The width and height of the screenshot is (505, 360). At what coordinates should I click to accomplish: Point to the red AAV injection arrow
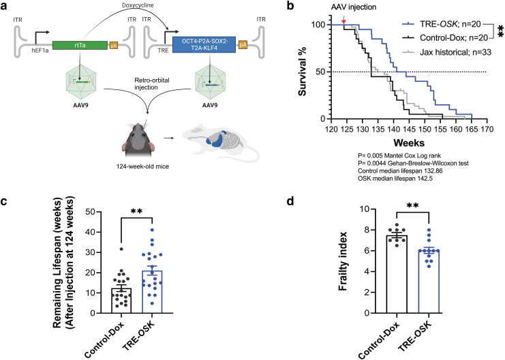344,20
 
